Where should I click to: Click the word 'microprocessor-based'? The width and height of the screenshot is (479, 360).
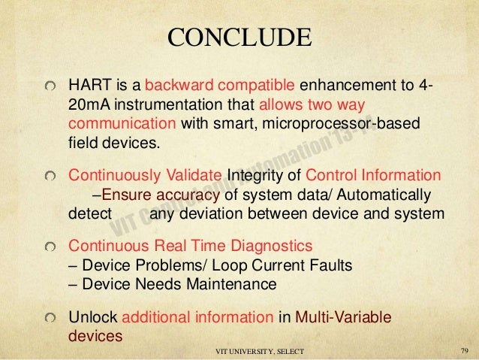tap(342, 123)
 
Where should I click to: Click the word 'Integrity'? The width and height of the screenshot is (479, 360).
tap(256, 176)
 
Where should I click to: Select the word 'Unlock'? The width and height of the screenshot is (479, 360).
tap(92, 316)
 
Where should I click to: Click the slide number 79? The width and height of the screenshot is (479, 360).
tap(462, 351)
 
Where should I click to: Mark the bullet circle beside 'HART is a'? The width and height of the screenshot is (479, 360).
tap(50, 83)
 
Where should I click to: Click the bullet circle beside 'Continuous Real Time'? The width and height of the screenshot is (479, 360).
tap(50, 247)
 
